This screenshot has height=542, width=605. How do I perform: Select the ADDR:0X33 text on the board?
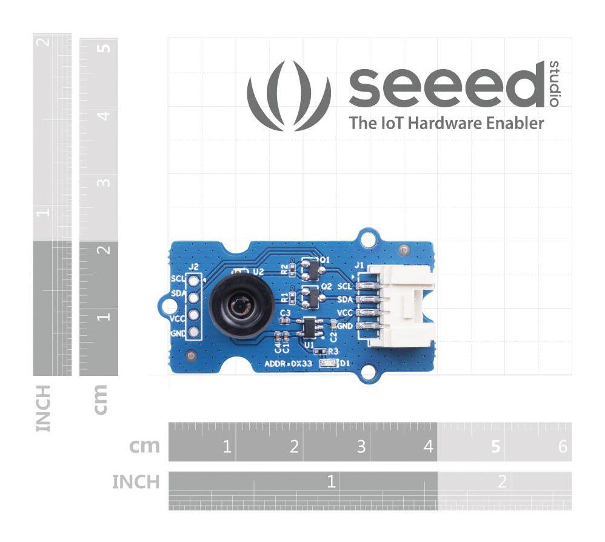tap(289, 364)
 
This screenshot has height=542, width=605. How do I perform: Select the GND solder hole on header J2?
tap(194, 332)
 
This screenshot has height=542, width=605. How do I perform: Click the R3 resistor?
tap(319, 351)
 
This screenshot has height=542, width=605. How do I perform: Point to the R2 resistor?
tap(291, 267)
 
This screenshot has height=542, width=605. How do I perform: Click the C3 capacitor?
tap(286, 321)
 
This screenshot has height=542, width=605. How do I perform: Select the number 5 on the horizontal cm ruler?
tap(495, 447)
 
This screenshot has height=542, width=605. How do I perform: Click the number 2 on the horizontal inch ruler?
tap(501, 482)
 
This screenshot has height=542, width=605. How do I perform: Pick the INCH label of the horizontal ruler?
tap(136, 482)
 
